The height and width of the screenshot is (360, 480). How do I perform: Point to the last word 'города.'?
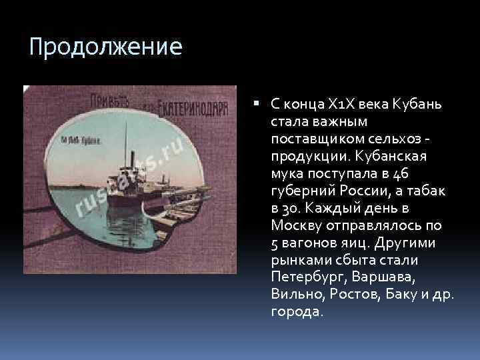[297, 311]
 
